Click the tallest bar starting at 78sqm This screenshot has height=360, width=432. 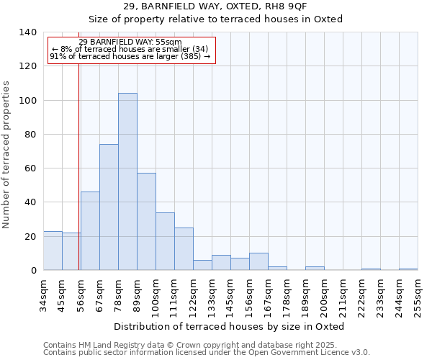click(x=127, y=181)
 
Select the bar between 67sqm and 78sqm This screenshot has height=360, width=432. click(x=109, y=207)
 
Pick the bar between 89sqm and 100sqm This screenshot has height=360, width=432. click(x=146, y=222)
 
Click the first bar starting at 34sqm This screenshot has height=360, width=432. click(x=53, y=251)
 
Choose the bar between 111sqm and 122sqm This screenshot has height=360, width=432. click(x=184, y=249)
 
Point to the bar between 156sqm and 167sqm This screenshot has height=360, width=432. click(x=258, y=262)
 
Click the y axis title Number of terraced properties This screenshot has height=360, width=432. click(x=7, y=154)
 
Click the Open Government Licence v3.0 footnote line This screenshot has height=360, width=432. click(x=207, y=353)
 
